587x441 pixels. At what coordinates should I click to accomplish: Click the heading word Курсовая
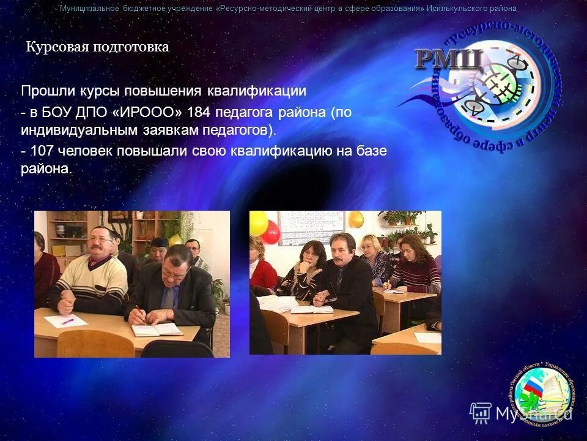coord(57,47)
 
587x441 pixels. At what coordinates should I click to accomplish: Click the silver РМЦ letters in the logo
coord(449,59)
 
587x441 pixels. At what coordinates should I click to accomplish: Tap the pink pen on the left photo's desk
coord(66,320)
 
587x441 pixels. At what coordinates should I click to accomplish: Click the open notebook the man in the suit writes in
coord(157,329)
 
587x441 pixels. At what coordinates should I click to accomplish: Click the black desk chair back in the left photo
coord(177,349)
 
